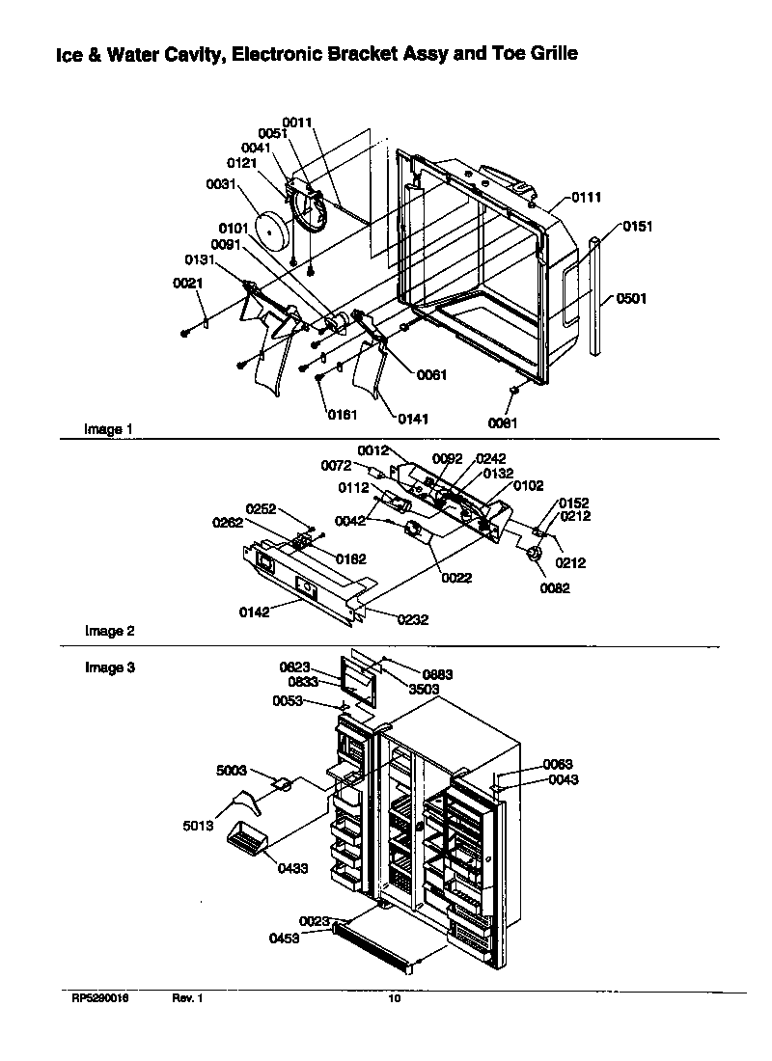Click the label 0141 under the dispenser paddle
412,419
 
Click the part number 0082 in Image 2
554,588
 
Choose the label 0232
411,620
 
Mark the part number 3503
424,689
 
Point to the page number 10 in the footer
394,999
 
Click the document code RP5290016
99,999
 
